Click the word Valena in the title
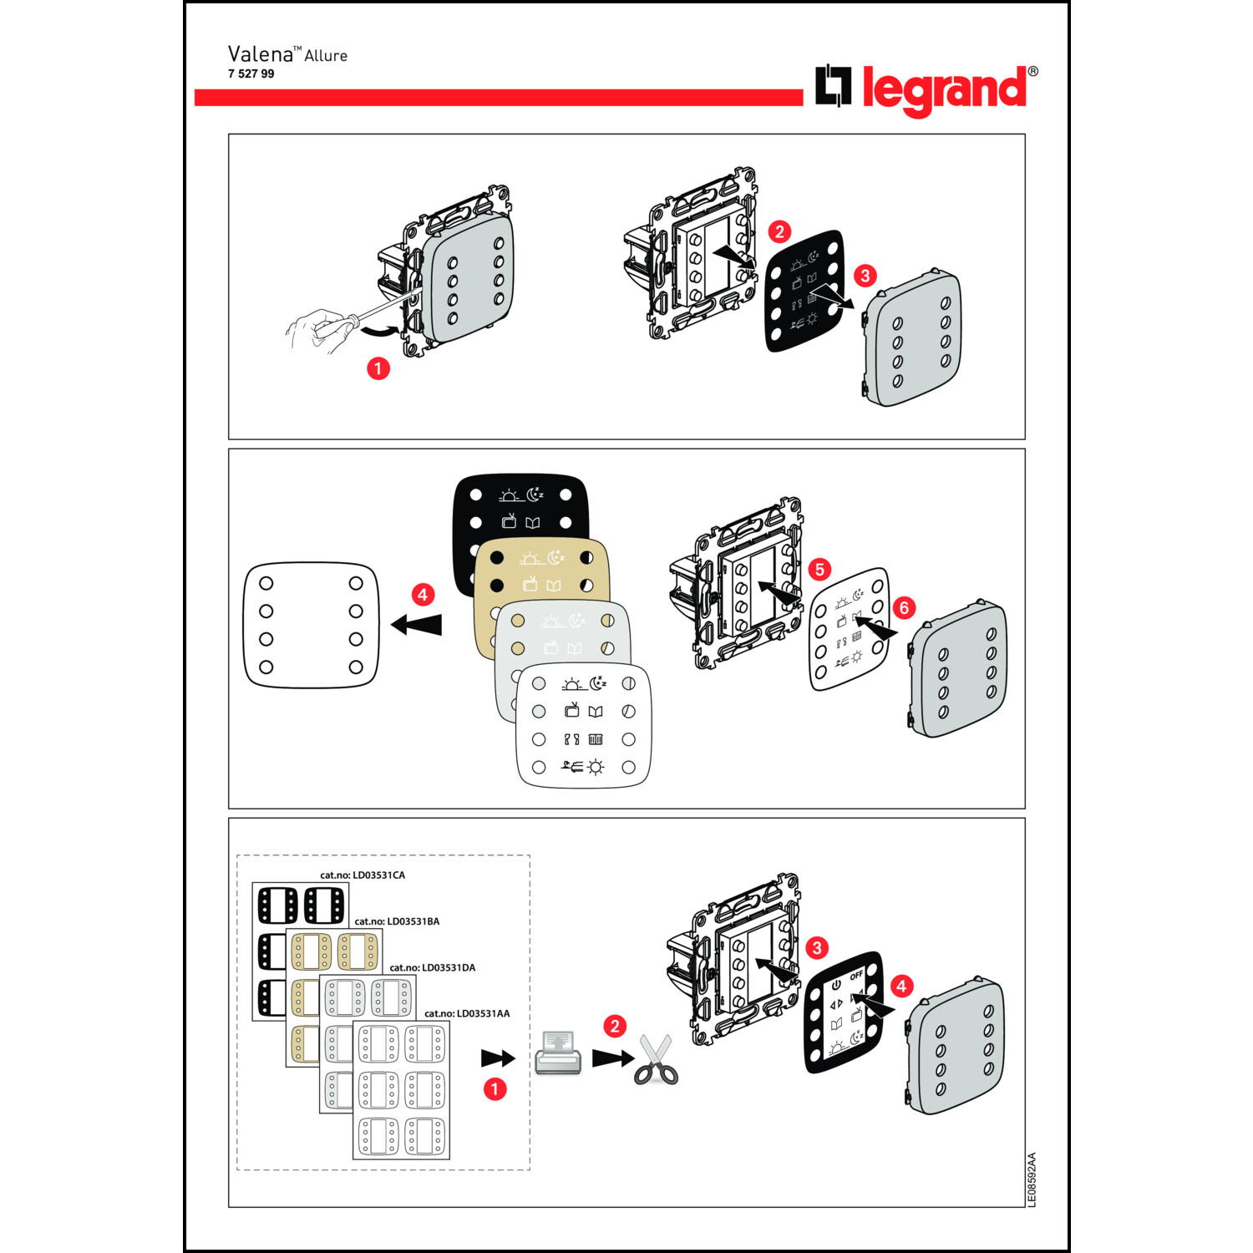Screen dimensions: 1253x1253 coord(260,54)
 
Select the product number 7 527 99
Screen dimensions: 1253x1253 coord(251,74)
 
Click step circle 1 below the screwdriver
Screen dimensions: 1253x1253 coord(378,368)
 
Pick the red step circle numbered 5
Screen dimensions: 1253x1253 coord(819,570)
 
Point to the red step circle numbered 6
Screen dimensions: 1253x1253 coord(904,608)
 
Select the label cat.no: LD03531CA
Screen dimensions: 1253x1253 coord(363,875)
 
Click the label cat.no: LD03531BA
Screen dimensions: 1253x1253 coord(397,921)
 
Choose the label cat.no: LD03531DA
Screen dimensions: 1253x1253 coord(433,967)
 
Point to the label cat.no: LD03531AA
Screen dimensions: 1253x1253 coord(467,1013)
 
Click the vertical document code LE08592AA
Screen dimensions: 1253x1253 coord(1032,1179)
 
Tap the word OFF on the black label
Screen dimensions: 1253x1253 coord(856,975)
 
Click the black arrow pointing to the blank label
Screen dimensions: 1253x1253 coord(416,624)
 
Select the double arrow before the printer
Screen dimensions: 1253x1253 coord(499,1058)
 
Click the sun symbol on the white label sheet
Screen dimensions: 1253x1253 coord(595,767)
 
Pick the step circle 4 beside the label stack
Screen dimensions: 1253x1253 coord(423,595)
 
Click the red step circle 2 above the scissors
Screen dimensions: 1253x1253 coord(615,1026)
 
